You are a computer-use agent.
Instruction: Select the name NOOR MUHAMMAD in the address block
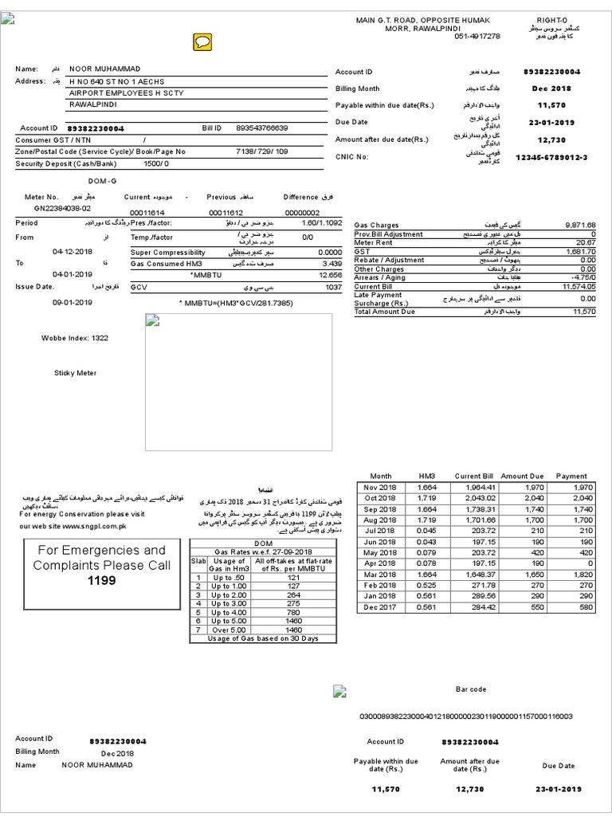click(x=105, y=69)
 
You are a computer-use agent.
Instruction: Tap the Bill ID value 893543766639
click(x=262, y=127)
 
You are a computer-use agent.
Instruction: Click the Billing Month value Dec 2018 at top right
click(x=551, y=88)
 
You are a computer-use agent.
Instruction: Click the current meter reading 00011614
click(x=147, y=213)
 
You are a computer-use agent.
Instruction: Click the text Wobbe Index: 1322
click(x=74, y=338)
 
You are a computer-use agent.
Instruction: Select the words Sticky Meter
click(x=75, y=372)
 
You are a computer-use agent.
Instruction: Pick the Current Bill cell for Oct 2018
click(x=474, y=497)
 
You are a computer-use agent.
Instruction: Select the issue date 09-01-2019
click(x=73, y=303)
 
